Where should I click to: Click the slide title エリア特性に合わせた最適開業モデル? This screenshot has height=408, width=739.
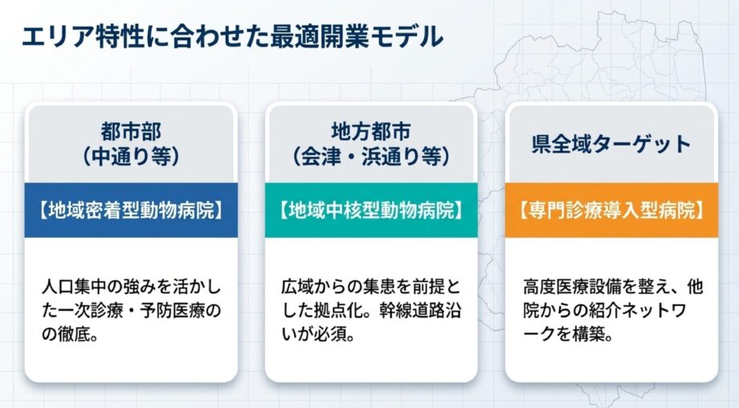(x=232, y=37)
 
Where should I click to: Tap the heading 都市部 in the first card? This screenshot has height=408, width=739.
(x=131, y=132)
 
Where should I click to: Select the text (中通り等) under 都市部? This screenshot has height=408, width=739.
(x=131, y=157)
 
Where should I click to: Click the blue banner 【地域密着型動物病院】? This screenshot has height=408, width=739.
(x=131, y=210)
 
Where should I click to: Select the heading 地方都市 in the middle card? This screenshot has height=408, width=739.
(x=371, y=132)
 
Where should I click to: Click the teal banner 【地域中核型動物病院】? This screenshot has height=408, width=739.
(x=371, y=210)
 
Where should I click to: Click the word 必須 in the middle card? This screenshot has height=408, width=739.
(x=330, y=335)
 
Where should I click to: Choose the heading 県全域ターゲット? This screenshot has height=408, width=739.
(x=612, y=144)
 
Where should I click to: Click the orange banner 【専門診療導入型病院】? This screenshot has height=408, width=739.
(x=612, y=210)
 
